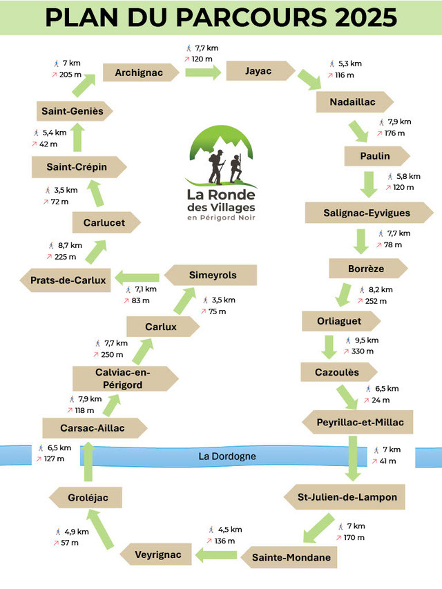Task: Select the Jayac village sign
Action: click(259, 71)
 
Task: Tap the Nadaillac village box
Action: click(352, 102)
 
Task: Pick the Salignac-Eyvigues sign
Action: click(367, 213)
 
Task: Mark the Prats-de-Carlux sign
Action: click(68, 280)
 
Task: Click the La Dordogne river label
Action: click(227, 456)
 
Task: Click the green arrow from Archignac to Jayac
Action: click(203, 71)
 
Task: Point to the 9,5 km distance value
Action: click(367, 340)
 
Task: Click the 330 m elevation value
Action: click(363, 351)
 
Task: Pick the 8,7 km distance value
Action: click(70, 245)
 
